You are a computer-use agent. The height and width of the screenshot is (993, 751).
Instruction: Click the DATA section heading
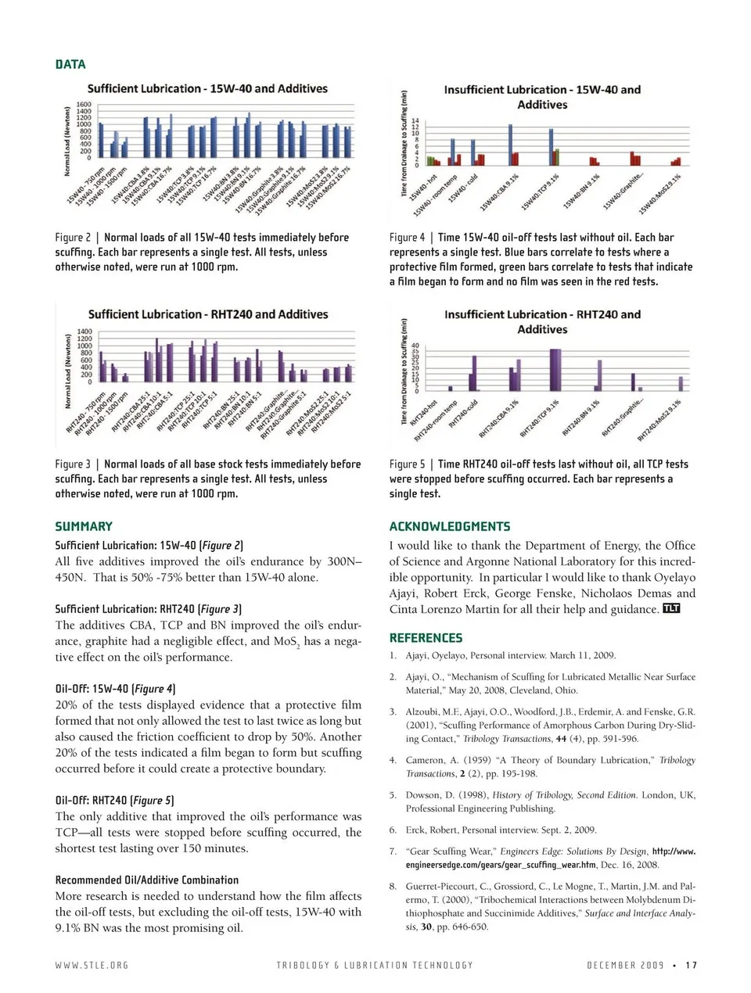[70, 64]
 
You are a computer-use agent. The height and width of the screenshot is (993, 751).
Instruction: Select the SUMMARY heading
[84, 526]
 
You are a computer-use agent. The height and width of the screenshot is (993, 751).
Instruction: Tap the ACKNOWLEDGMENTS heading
[450, 526]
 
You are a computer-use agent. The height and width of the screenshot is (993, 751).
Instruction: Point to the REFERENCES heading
[426, 638]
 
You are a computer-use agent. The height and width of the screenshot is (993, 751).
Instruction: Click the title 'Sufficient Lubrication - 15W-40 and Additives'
[207, 89]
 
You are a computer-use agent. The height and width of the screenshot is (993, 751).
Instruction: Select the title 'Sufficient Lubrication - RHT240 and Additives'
[208, 314]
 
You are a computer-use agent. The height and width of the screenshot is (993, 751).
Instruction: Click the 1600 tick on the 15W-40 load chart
[84, 105]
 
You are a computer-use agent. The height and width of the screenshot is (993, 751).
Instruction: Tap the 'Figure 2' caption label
[73, 238]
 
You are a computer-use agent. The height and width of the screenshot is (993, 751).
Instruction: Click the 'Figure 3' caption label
[73, 464]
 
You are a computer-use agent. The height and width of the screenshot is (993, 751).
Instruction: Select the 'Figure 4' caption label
[408, 238]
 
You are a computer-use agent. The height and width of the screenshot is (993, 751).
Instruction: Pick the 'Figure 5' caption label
[408, 464]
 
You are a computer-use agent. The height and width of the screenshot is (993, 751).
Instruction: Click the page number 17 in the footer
[691, 965]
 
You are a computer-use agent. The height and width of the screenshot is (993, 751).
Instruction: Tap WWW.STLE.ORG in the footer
[92, 965]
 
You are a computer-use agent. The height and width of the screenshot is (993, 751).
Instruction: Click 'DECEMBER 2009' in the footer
[625, 965]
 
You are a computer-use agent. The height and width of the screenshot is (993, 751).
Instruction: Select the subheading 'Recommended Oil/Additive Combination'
[147, 880]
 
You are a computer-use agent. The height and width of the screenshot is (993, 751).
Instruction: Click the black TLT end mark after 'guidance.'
[671, 608]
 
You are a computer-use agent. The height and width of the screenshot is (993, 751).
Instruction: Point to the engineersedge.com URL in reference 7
[501, 865]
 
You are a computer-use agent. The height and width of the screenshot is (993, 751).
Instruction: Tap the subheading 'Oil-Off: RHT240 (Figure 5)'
[115, 800]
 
